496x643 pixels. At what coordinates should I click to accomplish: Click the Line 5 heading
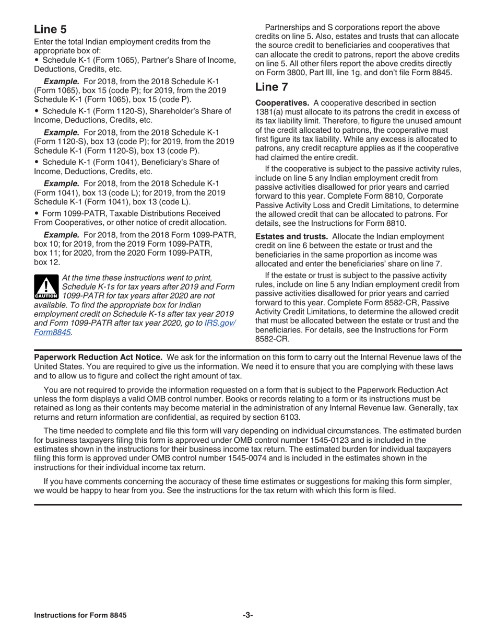[50, 29]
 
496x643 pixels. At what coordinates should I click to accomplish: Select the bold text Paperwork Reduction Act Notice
[98, 357]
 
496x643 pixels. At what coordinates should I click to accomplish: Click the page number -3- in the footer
[248, 615]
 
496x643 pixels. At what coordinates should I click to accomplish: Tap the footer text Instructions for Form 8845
[80, 615]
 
